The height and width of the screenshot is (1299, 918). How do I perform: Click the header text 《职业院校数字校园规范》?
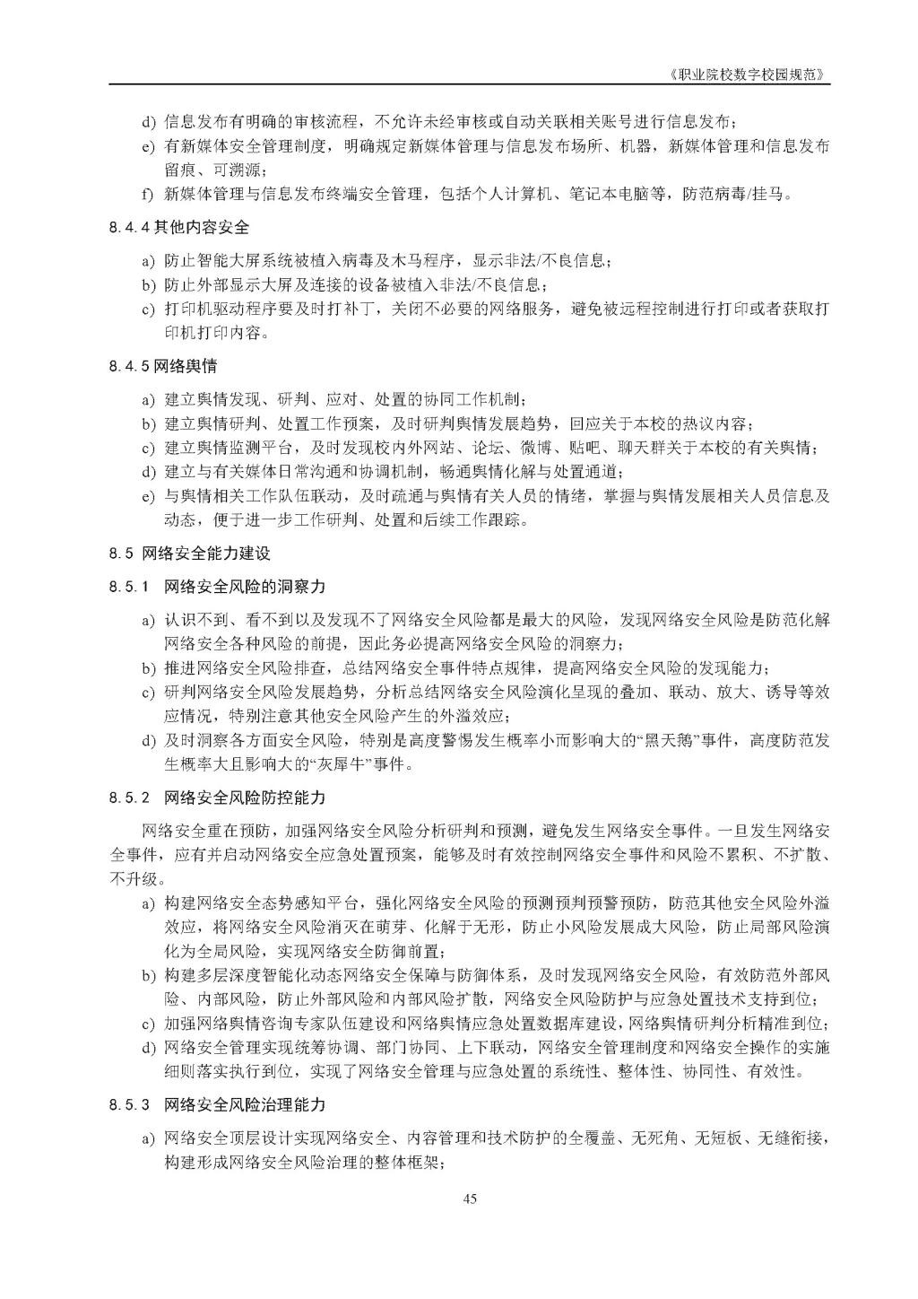coord(749,74)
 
